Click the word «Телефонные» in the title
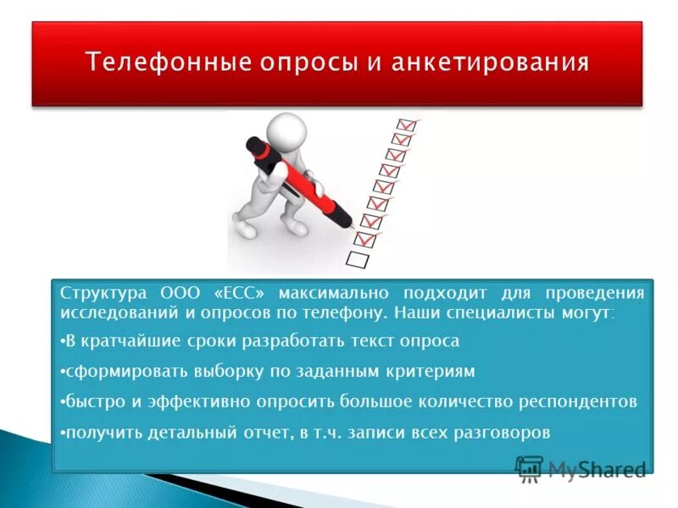155,63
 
